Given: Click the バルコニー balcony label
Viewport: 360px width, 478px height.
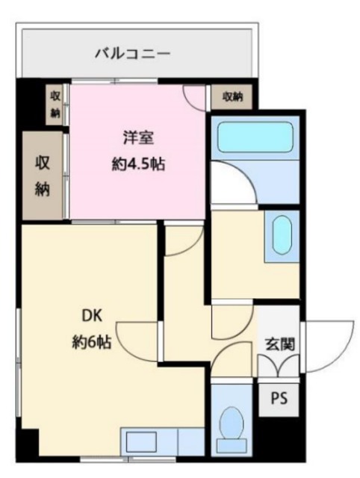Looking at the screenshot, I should pyautogui.click(x=133, y=54).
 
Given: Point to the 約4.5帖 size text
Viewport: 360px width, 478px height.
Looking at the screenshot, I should pyautogui.click(x=137, y=164).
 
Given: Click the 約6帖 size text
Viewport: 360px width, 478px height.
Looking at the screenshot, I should pyautogui.click(x=90, y=343).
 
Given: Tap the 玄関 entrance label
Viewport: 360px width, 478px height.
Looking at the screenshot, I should pyautogui.click(x=279, y=344).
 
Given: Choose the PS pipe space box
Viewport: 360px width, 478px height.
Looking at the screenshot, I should pyautogui.click(x=279, y=399).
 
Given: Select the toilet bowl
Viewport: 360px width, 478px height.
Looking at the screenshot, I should pyautogui.click(x=233, y=426).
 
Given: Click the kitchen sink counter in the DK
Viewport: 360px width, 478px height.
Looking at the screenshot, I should pyautogui.click(x=161, y=441).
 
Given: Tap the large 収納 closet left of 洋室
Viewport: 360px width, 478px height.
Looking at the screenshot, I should pyautogui.click(x=42, y=176).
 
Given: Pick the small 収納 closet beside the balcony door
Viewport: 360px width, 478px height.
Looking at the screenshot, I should pyautogui.click(x=55, y=103).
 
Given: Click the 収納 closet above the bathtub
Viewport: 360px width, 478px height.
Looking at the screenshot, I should pyautogui.click(x=232, y=96).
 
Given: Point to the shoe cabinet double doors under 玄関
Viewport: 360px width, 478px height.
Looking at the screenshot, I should pyautogui.click(x=279, y=366).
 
